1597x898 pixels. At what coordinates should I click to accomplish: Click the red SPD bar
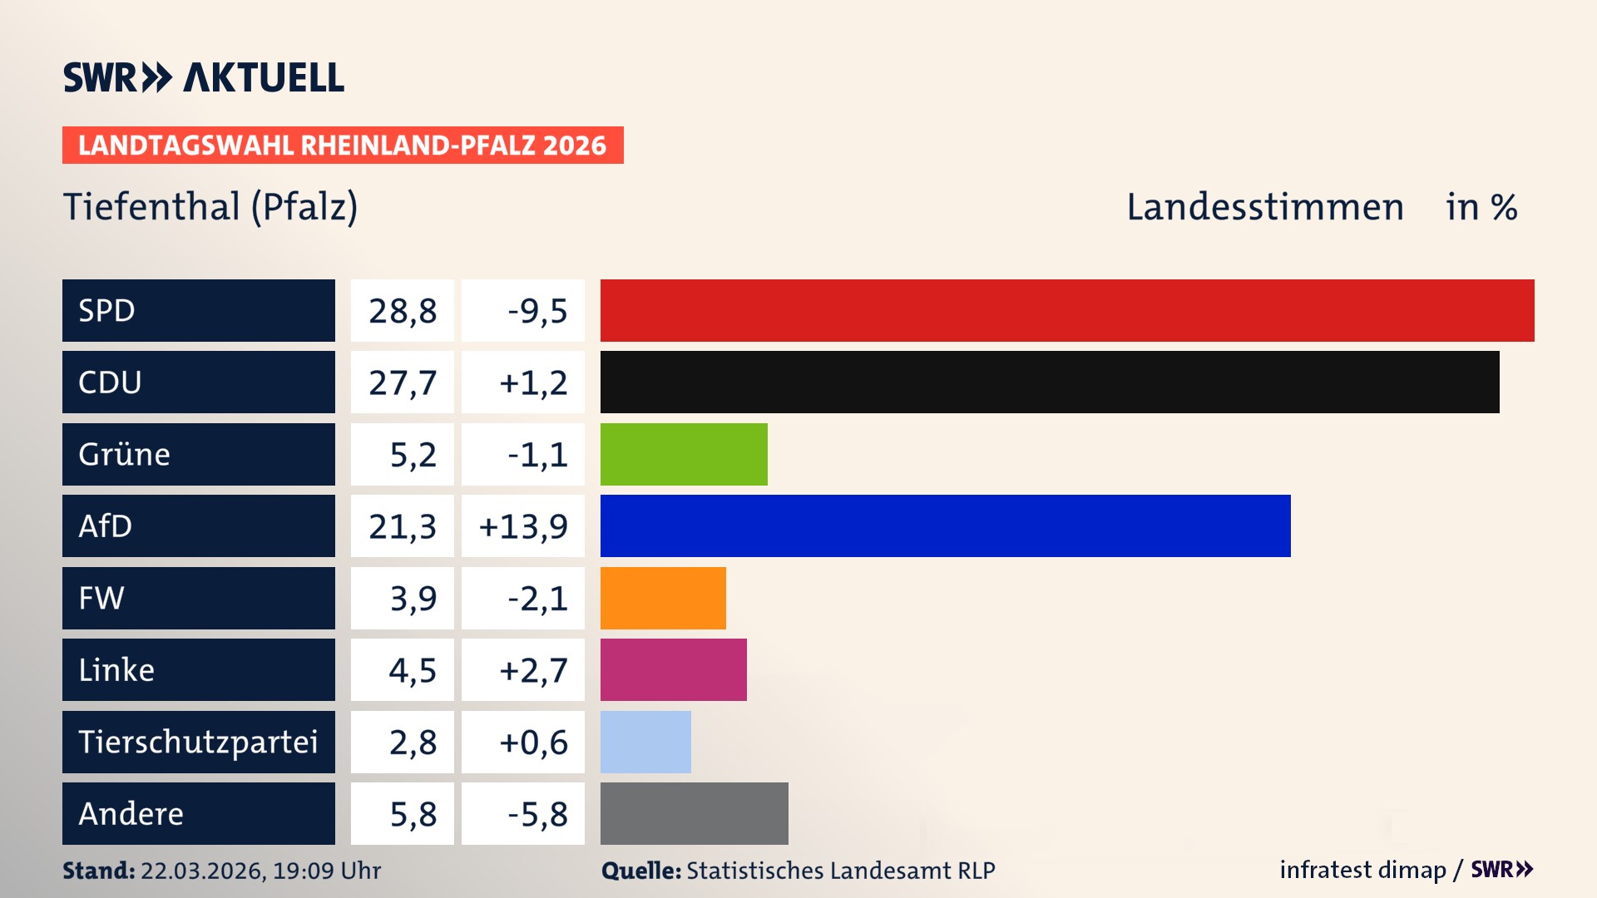click(x=1067, y=310)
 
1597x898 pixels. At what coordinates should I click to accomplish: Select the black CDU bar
click(x=1050, y=382)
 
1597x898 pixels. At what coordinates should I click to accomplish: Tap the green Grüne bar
click(x=684, y=454)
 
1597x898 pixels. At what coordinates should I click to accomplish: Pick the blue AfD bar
click(x=945, y=525)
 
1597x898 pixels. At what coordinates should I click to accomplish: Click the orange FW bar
click(x=663, y=598)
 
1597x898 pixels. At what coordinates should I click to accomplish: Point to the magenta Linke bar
click(x=673, y=669)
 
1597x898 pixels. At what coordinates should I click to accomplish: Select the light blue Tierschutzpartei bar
click(x=645, y=742)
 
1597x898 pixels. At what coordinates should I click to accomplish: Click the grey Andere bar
click(x=694, y=813)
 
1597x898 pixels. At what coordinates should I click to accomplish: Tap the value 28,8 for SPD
click(x=403, y=311)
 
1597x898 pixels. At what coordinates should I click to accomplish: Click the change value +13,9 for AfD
click(x=523, y=526)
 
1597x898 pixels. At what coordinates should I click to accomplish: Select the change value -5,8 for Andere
click(x=537, y=814)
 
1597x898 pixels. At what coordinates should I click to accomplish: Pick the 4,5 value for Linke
click(x=413, y=670)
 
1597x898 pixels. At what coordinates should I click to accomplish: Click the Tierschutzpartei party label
click(x=198, y=742)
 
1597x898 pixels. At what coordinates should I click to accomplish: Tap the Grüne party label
click(x=125, y=454)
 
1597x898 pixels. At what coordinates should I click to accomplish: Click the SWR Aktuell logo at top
click(x=204, y=77)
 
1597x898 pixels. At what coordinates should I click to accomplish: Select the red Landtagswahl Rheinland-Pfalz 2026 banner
click(x=343, y=146)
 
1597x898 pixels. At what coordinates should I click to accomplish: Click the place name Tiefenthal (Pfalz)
click(x=210, y=206)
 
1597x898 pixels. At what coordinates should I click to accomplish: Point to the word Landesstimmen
click(x=1264, y=207)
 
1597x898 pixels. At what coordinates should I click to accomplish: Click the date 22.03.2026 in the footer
click(x=202, y=871)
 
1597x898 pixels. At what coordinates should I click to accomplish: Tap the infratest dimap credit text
click(x=1362, y=870)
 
